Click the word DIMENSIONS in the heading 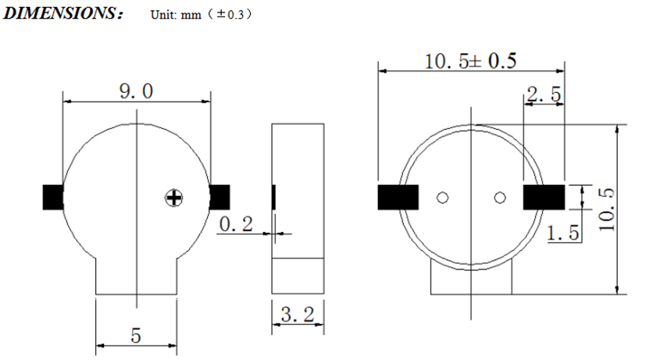click(x=59, y=13)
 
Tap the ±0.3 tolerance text click(x=230, y=14)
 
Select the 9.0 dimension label click(x=136, y=91)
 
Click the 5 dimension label click(x=135, y=336)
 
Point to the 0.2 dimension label click(x=236, y=224)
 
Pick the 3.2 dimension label click(x=298, y=315)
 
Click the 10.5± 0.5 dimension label click(x=470, y=61)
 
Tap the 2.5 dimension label click(x=544, y=94)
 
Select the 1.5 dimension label click(x=562, y=233)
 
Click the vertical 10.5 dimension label click(x=606, y=209)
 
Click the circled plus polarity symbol click(x=173, y=198)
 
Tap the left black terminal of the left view click(x=53, y=197)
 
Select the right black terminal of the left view click(x=220, y=197)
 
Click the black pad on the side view click(x=273, y=197)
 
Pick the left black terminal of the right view click(x=398, y=197)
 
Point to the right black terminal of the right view click(x=544, y=197)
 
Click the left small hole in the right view click(x=442, y=198)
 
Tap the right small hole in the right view click(x=500, y=198)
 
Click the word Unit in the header click(x=162, y=15)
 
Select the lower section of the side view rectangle click(x=298, y=276)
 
